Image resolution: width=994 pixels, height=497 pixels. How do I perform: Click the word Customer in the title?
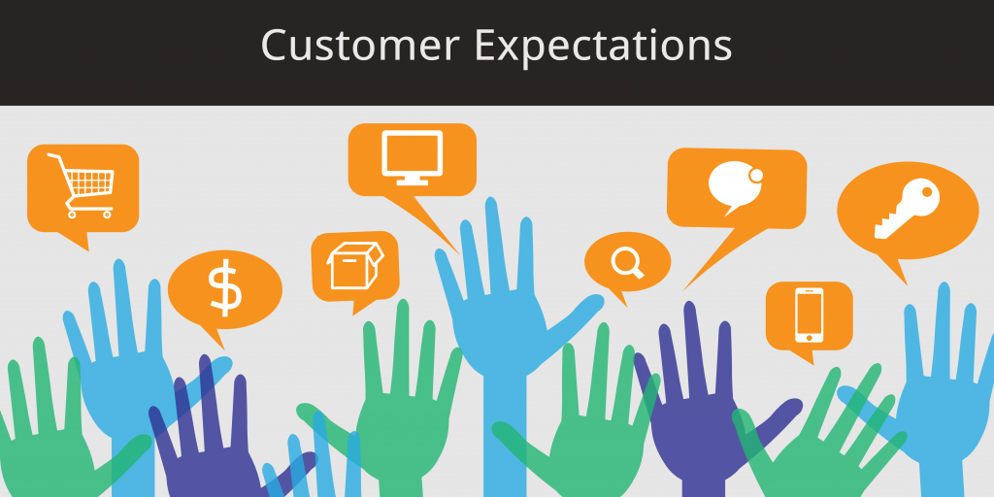point(360,46)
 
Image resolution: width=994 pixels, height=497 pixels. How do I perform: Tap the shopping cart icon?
point(82,185)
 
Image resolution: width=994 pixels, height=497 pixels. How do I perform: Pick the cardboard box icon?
point(355,265)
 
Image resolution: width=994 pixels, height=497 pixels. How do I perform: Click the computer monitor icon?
point(412,158)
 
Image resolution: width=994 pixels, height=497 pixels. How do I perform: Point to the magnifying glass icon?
point(628,262)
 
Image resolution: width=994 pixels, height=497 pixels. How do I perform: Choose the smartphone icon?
point(809,315)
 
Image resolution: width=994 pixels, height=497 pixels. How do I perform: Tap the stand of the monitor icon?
point(412,182)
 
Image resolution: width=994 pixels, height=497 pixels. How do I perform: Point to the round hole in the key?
point(926,191)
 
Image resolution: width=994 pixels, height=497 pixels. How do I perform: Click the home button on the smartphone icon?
point(809,337)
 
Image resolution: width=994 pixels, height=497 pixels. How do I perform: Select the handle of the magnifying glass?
point(639,273)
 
